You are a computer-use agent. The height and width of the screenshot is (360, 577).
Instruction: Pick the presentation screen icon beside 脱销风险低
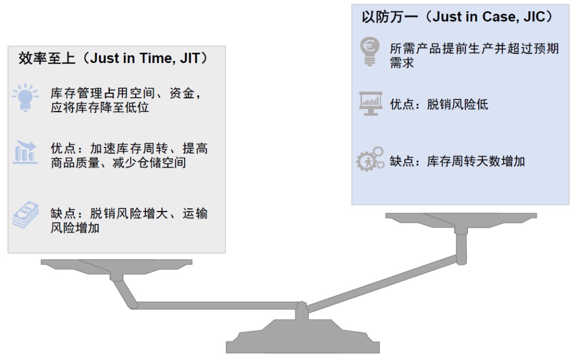click(370, 104)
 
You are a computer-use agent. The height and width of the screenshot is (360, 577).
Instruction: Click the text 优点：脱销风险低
click(439, 105)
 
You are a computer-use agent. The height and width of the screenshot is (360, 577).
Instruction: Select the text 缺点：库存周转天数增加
click(457, 161)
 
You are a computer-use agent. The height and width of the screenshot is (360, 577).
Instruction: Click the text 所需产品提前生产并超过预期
click(474, 49)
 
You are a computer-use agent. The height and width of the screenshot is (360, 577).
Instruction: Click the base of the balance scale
click(302, 342)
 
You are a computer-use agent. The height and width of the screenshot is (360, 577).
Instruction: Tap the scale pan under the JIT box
click(116, 264)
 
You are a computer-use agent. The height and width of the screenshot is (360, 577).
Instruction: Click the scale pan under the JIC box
click(460, 218)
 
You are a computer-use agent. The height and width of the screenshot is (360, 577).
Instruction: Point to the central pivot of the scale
click(302, 308)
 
